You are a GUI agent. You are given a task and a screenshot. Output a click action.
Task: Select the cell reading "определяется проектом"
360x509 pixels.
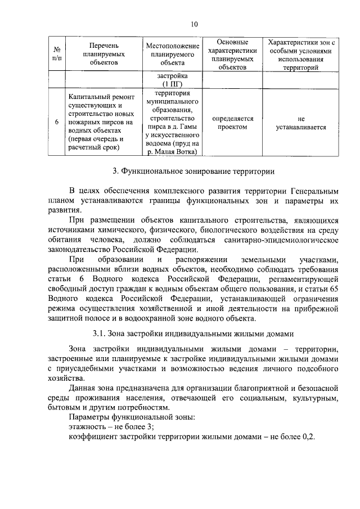232,123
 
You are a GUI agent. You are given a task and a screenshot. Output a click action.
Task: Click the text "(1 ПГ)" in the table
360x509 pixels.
173,84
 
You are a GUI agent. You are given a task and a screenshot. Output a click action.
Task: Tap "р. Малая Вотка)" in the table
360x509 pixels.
173,152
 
